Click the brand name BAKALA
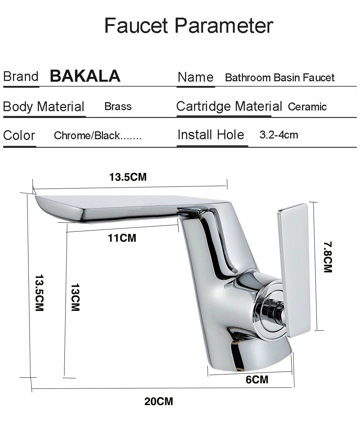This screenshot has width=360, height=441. pos(85,76)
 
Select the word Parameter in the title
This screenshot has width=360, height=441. pos(224,26)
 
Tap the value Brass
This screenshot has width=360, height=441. pos(118,106)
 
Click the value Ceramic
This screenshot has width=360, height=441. pos(307,107)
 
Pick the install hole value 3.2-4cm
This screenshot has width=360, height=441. pos(279,135)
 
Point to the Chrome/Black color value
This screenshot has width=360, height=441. pos(98,136)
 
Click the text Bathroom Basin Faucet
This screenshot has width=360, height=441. pos(279,77)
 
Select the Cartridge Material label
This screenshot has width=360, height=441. pos(229,106)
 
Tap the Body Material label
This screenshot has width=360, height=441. pos(44,107)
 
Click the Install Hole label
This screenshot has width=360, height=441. pos(211,135)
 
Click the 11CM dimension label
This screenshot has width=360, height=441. pos(122,238)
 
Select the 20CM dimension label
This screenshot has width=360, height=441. pos(159,401)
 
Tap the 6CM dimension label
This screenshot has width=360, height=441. pos(257,379)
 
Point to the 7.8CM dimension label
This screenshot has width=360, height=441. pos(328,257)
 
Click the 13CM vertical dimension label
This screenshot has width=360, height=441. pos(75,297)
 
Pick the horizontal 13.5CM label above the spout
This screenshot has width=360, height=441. pos(128,177)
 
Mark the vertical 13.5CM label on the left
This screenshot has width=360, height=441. pos(39,293)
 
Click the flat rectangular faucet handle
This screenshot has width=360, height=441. pos(294,270)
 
